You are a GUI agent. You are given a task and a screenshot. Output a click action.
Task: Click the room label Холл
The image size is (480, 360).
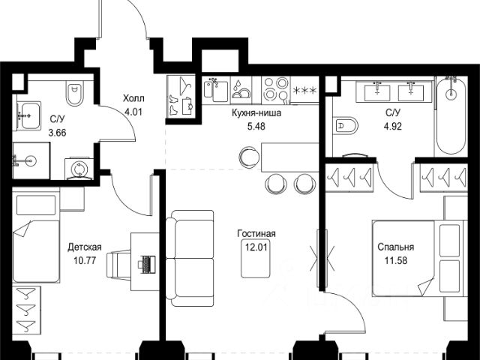(x=133, y=98)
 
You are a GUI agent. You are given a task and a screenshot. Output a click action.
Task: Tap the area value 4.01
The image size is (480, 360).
(x=133, y=112)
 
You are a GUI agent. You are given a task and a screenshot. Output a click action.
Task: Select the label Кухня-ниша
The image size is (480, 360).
(x=256, y=113)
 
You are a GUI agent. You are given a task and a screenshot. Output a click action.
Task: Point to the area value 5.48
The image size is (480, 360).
(x=256, y=126)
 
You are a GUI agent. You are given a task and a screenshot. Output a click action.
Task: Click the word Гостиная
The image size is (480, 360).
(x=256, y=233)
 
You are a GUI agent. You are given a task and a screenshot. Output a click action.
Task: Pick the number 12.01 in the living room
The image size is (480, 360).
(x=256, y=247)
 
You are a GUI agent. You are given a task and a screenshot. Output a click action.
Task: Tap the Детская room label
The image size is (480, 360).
(x=85, y=247)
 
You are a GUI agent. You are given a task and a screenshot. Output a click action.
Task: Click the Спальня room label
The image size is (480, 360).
(x=396, y=247)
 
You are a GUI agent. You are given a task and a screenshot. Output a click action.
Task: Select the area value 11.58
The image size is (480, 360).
(x=396, y=260)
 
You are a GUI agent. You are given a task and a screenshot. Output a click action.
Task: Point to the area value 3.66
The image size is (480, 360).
(x=57, y=133)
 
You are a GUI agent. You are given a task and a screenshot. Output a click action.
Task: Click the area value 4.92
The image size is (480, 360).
(x=393, y=126)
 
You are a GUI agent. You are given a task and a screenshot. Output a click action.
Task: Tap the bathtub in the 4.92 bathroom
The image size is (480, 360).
(x=451, y=115)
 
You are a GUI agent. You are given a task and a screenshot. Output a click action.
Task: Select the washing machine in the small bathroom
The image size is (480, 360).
(x=79, y=168)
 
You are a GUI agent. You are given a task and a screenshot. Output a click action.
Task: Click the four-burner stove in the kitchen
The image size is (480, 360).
(x=276, y=88)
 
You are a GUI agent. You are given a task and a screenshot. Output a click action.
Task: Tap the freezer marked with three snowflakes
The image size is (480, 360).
(x=304, y=90)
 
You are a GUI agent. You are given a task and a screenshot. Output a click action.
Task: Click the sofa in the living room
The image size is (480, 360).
(x=190, y=258)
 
